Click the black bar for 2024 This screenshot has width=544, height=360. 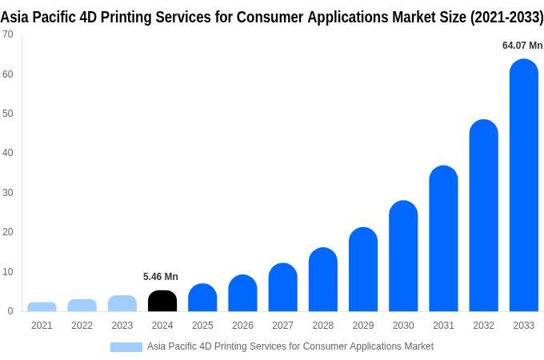[162, 302]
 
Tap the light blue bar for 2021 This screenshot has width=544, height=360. [42, 306]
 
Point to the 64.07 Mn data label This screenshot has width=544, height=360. [522, 46]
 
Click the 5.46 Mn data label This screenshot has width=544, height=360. [161, 277]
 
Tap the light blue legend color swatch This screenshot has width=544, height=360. [126, 346]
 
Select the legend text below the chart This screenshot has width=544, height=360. [290, 346]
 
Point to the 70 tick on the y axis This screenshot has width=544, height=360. [7, 34]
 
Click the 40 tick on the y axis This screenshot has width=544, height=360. [7, 153]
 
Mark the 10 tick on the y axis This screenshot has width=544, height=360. [7, 272]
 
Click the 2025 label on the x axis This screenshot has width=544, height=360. [202, 326]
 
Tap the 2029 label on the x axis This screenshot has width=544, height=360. [363, 326]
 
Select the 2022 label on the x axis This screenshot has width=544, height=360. [82, 326]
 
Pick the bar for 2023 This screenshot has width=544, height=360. [122, 303]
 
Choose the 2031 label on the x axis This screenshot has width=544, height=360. [443, 326]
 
